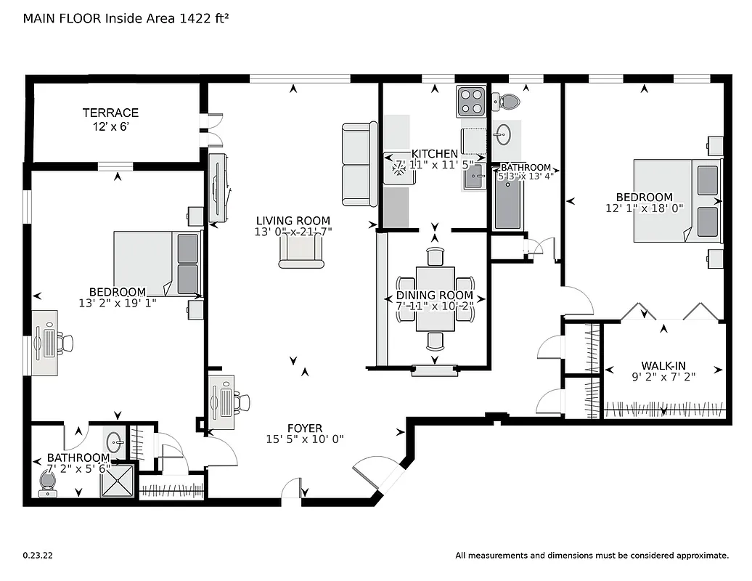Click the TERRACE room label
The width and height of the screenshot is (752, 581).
tap(110, 113)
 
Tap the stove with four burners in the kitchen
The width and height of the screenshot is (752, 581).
tap(470, 102)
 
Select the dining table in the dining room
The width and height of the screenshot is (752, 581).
tap(435, 298)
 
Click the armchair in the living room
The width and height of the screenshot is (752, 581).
tap(301, 251)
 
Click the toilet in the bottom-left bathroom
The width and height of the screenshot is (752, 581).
tap(49, 482)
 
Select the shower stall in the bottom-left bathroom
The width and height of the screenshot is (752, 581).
tap(118, 480)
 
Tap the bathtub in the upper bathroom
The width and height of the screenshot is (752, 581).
tap(508, 206)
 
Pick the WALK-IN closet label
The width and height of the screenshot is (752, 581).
tap(663, 366)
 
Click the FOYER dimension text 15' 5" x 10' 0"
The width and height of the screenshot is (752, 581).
tap(304, 439)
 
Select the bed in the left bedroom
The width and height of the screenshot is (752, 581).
tap(156, 264)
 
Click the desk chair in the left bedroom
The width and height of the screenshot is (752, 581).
tap(66, 343)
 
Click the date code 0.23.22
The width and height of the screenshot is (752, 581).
tap(38, 556)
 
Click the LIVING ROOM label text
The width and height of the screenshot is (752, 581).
tap(293, 221)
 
